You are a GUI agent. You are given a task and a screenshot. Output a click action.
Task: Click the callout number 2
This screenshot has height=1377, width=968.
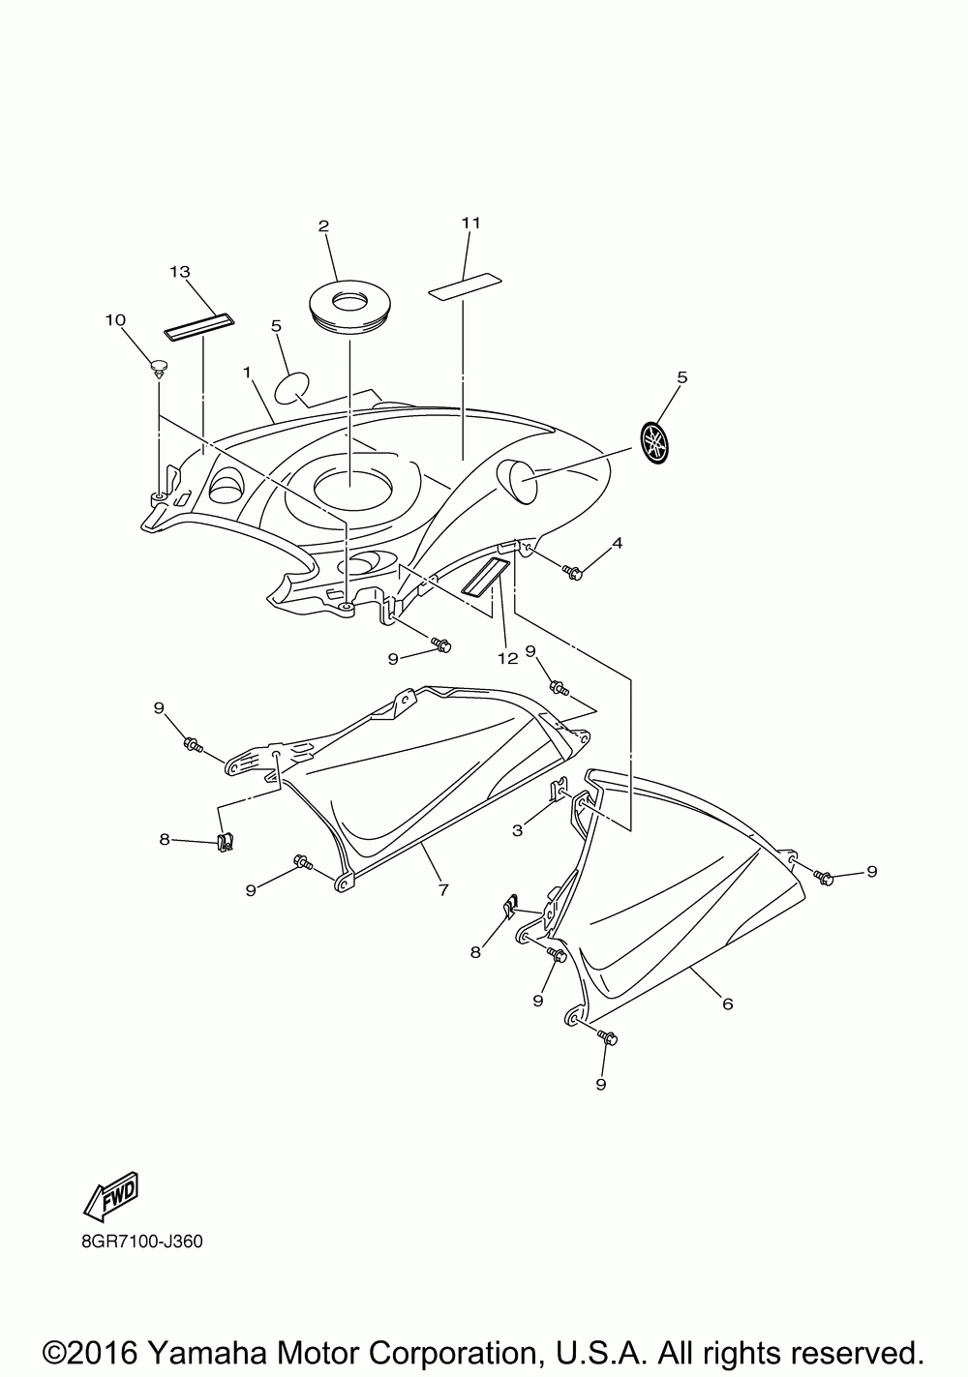323,225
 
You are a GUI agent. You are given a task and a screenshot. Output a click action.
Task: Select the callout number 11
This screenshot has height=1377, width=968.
470,223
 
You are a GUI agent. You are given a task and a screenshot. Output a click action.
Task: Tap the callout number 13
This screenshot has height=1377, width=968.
180,271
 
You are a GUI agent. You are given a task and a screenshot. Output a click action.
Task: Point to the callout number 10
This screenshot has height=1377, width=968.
116,319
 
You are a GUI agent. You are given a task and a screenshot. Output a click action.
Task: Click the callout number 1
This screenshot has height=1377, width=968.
248,373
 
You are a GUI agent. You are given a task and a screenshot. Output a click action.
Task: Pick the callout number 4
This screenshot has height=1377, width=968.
617,543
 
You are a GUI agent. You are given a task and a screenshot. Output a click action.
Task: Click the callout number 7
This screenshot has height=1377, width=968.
442,889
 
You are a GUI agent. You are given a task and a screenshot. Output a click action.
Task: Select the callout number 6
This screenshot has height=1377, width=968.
727,1003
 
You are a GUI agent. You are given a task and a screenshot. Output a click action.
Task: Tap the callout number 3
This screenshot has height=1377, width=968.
518,829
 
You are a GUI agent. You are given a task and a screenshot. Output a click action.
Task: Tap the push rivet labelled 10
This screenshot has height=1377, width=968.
157,369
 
